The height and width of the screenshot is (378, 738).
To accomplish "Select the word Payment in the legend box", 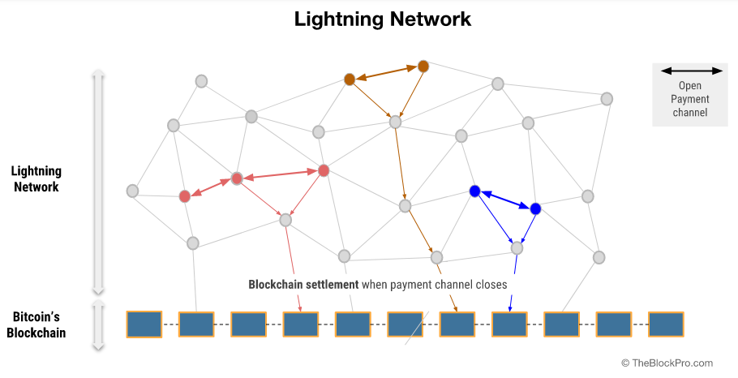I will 689,99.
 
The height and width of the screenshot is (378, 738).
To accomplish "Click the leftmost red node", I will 185,195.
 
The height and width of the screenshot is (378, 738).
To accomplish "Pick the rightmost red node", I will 324,170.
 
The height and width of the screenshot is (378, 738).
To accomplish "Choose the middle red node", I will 237,178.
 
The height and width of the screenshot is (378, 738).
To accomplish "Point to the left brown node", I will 350,79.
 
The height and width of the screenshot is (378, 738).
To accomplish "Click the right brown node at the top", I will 423,66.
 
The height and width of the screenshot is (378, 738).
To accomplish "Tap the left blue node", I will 475,191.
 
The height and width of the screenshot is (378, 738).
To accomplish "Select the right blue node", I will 535,208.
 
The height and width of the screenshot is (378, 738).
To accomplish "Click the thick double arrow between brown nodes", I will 386,73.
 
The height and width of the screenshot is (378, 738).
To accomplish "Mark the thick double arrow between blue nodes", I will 505,200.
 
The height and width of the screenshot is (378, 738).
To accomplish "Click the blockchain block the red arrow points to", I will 301,324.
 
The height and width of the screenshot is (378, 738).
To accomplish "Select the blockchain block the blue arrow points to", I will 509,324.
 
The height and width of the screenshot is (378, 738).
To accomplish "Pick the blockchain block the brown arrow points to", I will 457,324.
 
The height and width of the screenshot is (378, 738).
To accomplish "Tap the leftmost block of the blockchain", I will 144,324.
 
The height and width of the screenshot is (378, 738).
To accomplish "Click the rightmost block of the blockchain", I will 666,324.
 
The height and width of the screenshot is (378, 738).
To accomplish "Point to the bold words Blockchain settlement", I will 302,285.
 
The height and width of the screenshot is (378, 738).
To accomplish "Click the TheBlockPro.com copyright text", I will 667,363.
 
